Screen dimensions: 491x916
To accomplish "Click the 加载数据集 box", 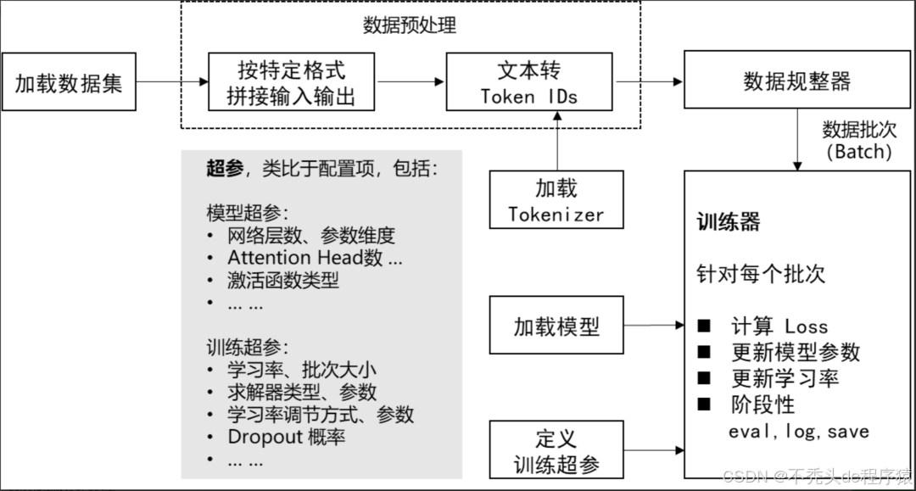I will click(69, 82).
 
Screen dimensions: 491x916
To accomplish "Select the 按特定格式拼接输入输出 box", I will click(291, 82).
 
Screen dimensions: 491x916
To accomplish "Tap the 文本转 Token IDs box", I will click(529, 82).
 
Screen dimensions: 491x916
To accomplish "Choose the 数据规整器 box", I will click(796, 82).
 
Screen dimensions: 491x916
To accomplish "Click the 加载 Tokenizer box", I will click(556, 200).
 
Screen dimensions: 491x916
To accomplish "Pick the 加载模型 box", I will click(556, 326).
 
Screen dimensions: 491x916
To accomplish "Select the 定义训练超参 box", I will click(556, 450).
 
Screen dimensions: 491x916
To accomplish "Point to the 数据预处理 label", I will click(410, 25).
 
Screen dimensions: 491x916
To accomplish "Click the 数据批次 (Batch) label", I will click(857, 141).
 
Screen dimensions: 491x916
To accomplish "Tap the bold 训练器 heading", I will click(729, 223).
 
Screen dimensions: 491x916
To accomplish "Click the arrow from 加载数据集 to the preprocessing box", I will click(172, 82).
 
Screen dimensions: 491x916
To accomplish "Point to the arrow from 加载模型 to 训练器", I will click(654, 325).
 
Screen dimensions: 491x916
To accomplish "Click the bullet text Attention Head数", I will click(314, 257).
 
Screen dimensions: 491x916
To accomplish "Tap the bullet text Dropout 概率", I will click(287, 437).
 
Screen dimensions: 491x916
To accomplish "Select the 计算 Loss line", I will click(779, 326).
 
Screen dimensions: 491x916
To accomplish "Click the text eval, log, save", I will click(799, 431).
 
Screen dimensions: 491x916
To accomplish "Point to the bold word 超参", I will click(225, 168).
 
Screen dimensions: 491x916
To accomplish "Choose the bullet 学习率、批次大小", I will click(301, 370).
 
